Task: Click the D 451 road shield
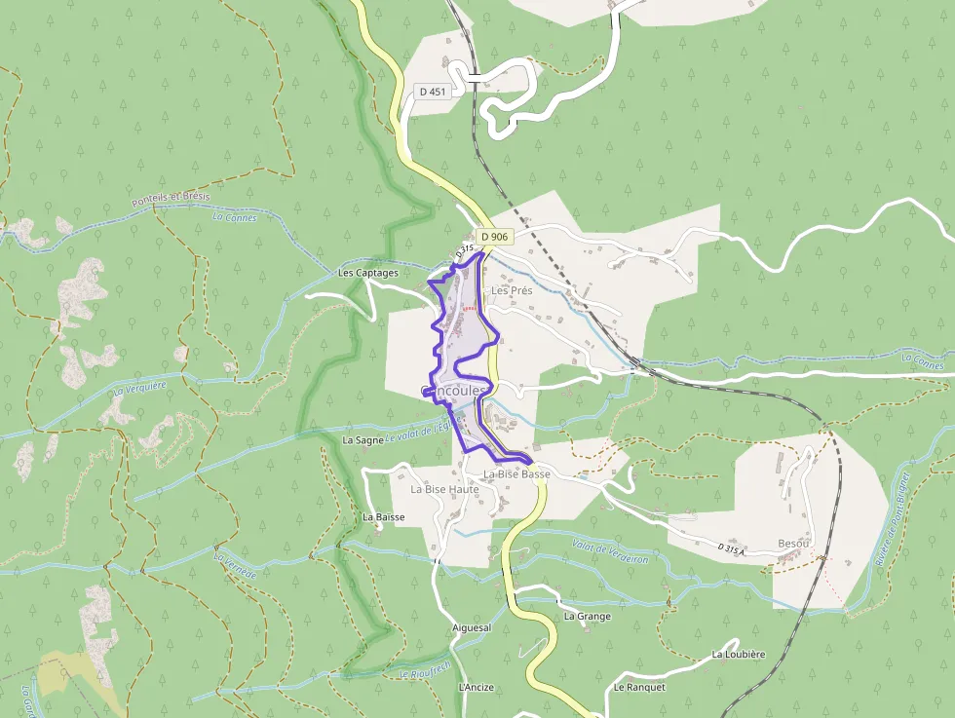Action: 431,91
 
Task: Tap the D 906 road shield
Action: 494,237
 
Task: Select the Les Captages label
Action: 368,273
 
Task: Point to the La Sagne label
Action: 363,440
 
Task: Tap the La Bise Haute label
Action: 444,489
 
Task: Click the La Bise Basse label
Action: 516,474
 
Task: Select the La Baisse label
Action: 383,516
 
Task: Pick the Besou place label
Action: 794,543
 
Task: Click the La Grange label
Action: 588,617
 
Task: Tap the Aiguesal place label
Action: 472,628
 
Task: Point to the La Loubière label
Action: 738,654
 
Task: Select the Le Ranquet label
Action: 639,687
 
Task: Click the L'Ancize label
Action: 476,687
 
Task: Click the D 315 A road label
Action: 731,549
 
